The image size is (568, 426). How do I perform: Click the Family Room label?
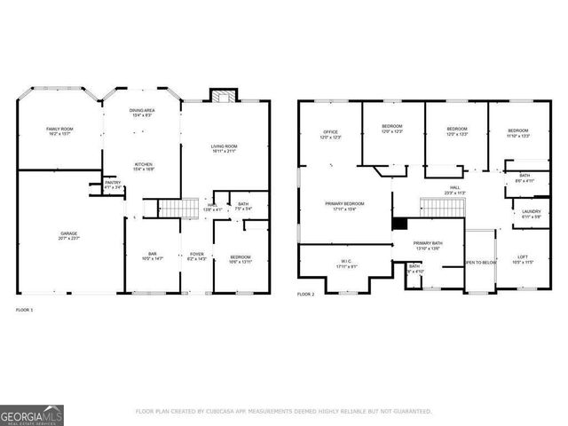[x=59, y=130]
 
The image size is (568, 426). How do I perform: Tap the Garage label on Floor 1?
[x=67, y=235]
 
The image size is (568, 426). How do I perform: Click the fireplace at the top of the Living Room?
[x=222, y=96]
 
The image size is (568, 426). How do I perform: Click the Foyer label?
[x=197, y=256]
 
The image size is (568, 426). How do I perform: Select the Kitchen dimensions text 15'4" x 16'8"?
[x=143, y=170]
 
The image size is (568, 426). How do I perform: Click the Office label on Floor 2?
[x=330, y=133]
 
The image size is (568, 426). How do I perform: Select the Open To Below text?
[x=480, y=263]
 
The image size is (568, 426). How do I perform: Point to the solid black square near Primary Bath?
[x=400, y=225]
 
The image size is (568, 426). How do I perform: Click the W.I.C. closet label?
[x=345, y=263]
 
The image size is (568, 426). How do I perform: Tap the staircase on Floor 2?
[x=441, y=207]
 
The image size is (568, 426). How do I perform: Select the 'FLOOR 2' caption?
[x=306, y=294]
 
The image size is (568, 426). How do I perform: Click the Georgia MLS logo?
[x=31, y=414]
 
